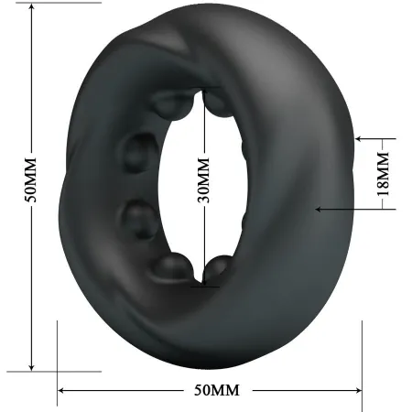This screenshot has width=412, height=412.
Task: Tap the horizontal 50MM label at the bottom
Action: pyautogui.click(x=216, y=391)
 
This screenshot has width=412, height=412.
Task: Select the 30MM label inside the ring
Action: pyautogui.click(x=203, y=179)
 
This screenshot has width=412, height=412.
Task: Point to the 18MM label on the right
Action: pyautogui.click(x=383, y=174)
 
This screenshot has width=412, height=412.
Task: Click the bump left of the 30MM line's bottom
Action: pyautogui.click(x=170, y=266)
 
